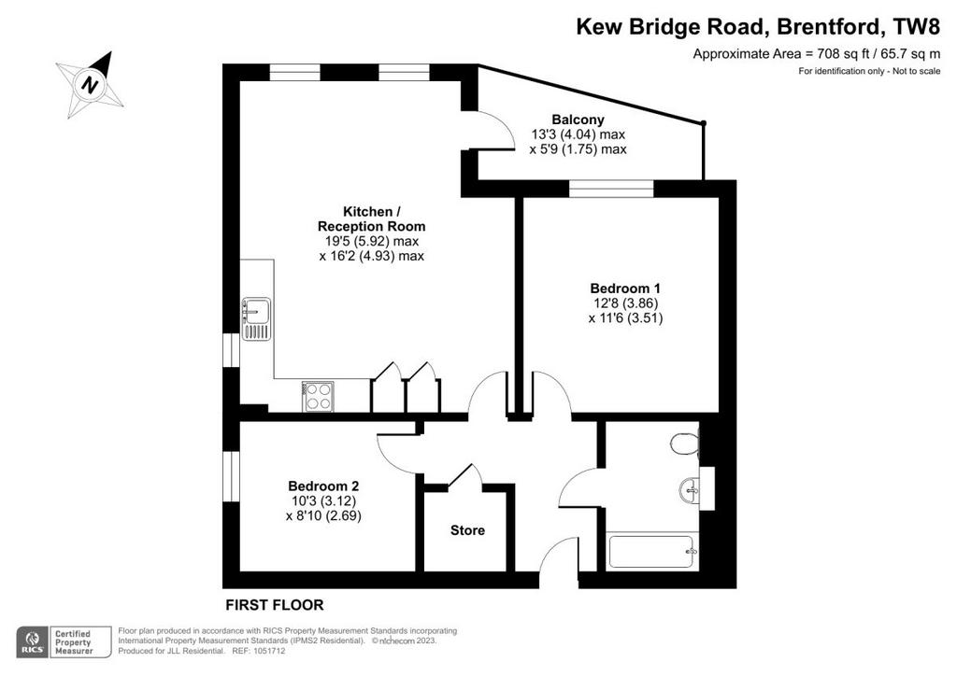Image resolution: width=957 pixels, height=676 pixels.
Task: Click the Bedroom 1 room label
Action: pos(625,289)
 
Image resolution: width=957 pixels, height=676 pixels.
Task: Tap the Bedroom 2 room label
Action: pos(323,486)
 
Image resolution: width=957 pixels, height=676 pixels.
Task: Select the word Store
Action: pos(467,530)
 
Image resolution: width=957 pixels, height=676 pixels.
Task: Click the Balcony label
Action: pos(578,120)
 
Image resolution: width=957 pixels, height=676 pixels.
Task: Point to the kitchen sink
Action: pos(256,318)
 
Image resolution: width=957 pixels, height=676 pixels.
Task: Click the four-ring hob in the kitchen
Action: pos(318,396)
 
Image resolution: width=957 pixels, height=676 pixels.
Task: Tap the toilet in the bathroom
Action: pos(685,444)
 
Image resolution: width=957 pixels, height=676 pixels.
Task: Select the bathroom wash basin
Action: pos(690,489)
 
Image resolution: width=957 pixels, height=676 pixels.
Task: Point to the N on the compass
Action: pos(91,84)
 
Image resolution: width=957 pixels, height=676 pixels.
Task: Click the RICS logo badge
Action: pos(33,642)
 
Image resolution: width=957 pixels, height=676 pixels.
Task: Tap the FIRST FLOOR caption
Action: pos(275,605)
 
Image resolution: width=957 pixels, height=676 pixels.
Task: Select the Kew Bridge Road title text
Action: pos(669,27)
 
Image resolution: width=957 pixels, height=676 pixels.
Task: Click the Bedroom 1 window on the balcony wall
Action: pos(611,189)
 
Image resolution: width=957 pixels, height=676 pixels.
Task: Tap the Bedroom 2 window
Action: pos(232,476)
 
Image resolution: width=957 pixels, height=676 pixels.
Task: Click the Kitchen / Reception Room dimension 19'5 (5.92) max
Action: pos(372,241)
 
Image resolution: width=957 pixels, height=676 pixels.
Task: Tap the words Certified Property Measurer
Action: pos(73,642)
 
